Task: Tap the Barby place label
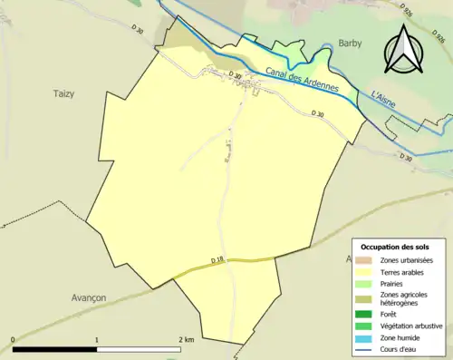point(350,43)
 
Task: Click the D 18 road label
point(217,260)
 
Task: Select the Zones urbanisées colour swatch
point(362,261)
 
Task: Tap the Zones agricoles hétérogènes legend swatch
point(362,297)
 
